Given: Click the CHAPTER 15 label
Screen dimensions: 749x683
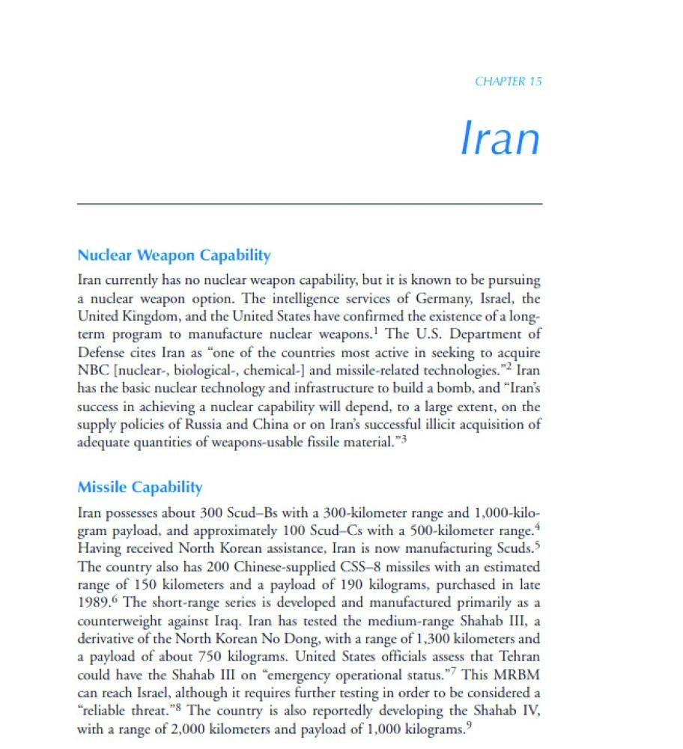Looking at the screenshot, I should pos(508,82).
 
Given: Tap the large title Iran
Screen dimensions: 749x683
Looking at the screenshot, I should pos(500,139).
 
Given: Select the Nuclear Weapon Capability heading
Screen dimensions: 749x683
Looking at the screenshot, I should pos(174,255).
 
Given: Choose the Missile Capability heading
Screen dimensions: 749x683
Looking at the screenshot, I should pos(140,488).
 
